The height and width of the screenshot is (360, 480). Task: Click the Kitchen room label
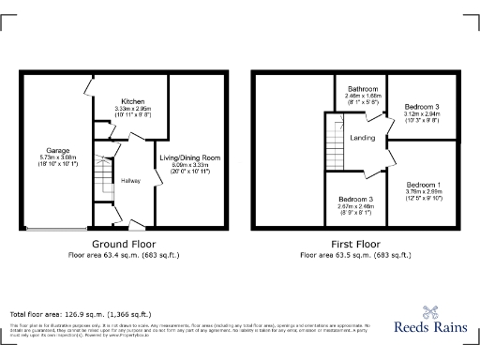point(130,100)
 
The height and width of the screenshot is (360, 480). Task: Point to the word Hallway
point(130,180)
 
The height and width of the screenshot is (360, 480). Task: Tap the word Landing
point(362,138)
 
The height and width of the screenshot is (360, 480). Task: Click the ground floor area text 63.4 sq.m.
point(123,254)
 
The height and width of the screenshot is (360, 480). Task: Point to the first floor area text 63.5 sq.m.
point(355,254)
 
